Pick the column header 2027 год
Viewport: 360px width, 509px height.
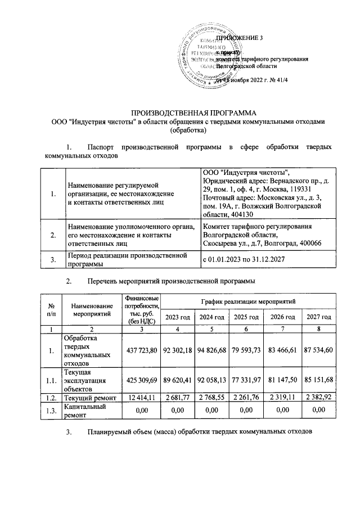tap(318, 318)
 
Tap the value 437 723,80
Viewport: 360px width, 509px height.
tap(140, 352)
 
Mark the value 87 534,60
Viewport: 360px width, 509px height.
tap(318, 352)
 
